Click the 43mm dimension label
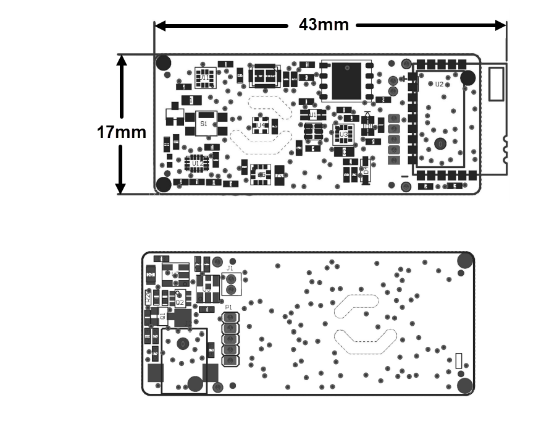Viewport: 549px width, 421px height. [x=324, y=25]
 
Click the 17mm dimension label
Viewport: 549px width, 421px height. [x=122, y=132]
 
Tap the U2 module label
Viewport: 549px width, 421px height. [x=439, y=84]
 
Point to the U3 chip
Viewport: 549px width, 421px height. [x=344, y=134]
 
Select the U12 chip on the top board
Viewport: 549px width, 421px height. [x=196, y=163]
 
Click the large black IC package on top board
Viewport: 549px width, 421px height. [x=346, y=81]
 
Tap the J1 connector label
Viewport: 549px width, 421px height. [x=230, y=268]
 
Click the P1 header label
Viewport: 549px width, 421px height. [x=228, y=307]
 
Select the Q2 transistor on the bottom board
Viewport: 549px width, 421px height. [x=180, y=302]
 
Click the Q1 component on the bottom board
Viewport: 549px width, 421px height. [x=162, y=316]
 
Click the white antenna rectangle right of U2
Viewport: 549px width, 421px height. [x=497, y=84]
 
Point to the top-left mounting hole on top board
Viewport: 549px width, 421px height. [x=164, y=62]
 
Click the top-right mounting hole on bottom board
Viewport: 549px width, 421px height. [x=463, y=260]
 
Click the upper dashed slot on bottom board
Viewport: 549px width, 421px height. [x=356, y=305]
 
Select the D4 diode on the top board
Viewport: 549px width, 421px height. [x=365, y=168]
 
